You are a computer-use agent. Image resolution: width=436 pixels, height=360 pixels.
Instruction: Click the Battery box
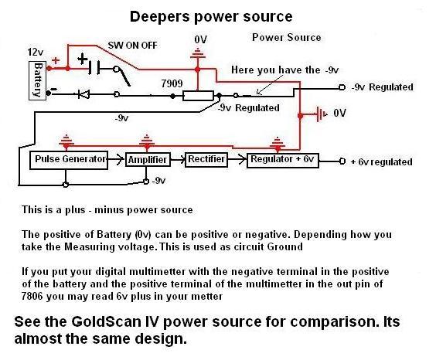38,80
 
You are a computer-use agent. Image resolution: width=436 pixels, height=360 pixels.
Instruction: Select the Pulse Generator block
69,160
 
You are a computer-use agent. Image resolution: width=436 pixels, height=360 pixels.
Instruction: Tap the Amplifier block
148,159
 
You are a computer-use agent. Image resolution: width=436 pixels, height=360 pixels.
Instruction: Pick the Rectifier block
206,159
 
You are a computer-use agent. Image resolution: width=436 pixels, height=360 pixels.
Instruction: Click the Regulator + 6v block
283,160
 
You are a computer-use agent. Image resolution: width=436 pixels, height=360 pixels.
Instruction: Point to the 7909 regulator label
172,83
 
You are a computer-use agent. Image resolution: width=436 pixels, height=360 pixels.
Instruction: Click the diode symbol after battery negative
83,94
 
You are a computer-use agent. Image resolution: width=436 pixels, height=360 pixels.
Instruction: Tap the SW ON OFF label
133,46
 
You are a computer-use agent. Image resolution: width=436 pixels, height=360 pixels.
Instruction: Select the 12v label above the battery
36,52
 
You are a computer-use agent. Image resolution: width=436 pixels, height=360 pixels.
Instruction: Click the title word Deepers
159,17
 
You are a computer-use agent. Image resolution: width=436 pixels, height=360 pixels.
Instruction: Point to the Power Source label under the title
286,38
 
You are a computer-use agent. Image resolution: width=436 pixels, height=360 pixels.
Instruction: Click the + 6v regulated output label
382,162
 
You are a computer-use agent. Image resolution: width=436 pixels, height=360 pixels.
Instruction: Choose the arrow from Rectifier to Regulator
237,159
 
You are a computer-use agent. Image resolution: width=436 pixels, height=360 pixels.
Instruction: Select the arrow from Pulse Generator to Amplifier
116,159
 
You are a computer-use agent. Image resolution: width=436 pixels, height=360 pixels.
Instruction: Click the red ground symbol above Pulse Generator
66,141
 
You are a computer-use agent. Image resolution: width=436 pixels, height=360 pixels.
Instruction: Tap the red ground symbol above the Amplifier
147,141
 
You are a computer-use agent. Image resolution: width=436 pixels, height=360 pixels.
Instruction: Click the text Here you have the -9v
284,70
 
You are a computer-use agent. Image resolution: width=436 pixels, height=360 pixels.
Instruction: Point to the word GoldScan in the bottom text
106,321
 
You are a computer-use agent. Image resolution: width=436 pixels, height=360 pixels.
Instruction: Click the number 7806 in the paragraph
32,296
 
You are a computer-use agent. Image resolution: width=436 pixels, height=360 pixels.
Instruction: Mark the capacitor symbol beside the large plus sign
94,68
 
